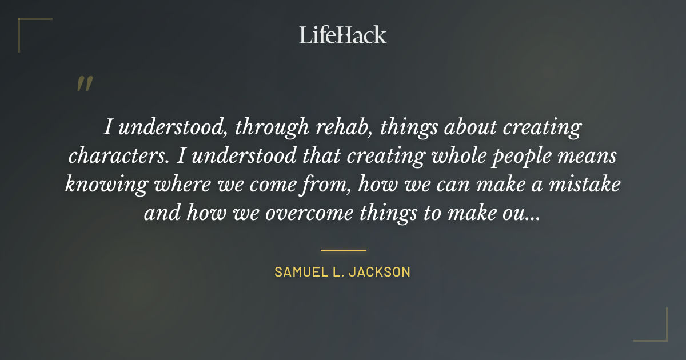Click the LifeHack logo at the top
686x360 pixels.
(x=342, y=35)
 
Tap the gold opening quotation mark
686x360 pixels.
(x=85, y=85)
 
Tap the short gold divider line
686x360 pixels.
(x=343, y=250)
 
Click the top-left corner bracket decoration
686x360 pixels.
(x=29, y=29)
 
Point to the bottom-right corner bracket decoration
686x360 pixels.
(x=657, y=331)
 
